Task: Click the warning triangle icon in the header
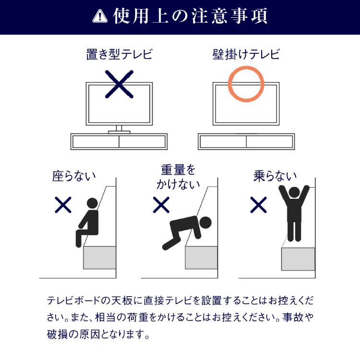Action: pyautogui.click(x=99, y=17)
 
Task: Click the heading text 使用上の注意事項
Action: pyautogui.click(x=190, y=17)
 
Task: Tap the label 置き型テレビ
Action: pyautogui.click(x=119, y=54)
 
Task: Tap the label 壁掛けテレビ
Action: pyautogui.click(x=246, y=54)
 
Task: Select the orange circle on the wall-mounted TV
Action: pyautogui.click(x=246, y=84)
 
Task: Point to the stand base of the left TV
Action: pyautogui.click(x=119, y=130)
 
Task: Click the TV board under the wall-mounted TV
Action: pyautogui.click(x=246, y=142)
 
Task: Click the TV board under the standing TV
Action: pyautogui.click(x=119, y=142)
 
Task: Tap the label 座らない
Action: pyautogui.click(x=74, y=176)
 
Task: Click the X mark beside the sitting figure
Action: pyautogui.click(x=63, y=205)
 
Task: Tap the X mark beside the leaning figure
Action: pyautogui.click(x=161, y=205)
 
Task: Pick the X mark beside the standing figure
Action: pyautogui.click(x=259, y=205)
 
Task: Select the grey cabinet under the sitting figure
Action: pyautogui.click(x=99, y=257)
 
